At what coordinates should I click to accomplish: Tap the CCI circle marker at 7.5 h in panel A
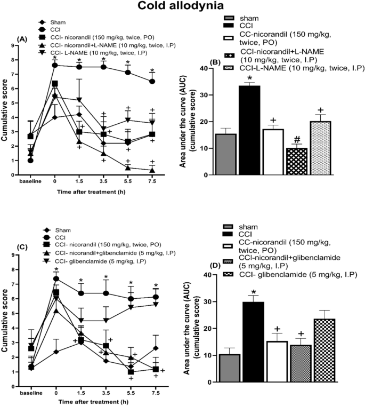[152, 81]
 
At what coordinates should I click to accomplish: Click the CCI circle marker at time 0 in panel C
[55, 278]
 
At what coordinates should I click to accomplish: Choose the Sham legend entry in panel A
[53, 23]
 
